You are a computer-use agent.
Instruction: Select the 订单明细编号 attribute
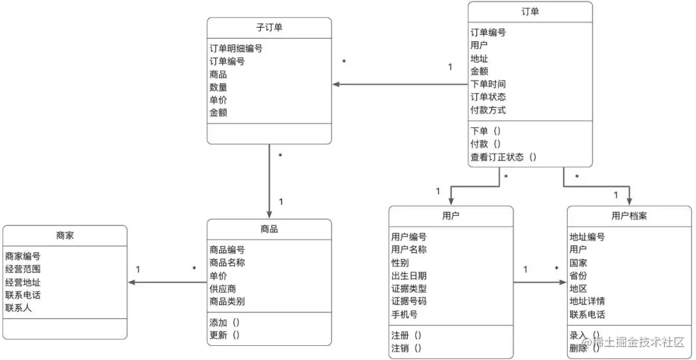coord(236,48)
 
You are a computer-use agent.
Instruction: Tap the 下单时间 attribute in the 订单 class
coord(488,84)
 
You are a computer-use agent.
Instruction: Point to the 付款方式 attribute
coord(488,109)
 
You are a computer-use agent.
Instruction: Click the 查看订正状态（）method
coord(503,156)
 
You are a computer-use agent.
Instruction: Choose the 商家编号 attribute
coord(23,256)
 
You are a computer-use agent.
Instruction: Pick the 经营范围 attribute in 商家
coord(23,269)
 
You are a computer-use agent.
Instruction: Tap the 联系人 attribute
coord(18,308)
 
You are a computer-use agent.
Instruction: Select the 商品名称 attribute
coord(227,263)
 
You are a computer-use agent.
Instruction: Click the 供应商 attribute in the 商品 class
coord(223,289)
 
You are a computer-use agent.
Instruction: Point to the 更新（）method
coord(224,335)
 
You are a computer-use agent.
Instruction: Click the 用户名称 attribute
coord(409,250)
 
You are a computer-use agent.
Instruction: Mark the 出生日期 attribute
coord(409,276)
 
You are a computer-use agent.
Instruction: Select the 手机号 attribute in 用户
coord(404,314)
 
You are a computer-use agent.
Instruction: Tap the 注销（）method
coord(407,348)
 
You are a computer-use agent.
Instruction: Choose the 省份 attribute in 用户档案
coord(578,276)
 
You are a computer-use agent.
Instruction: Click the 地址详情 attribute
coord(587,301)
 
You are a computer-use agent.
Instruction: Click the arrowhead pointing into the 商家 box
coord(131,282)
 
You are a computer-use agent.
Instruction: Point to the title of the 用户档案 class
coord(629,216)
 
